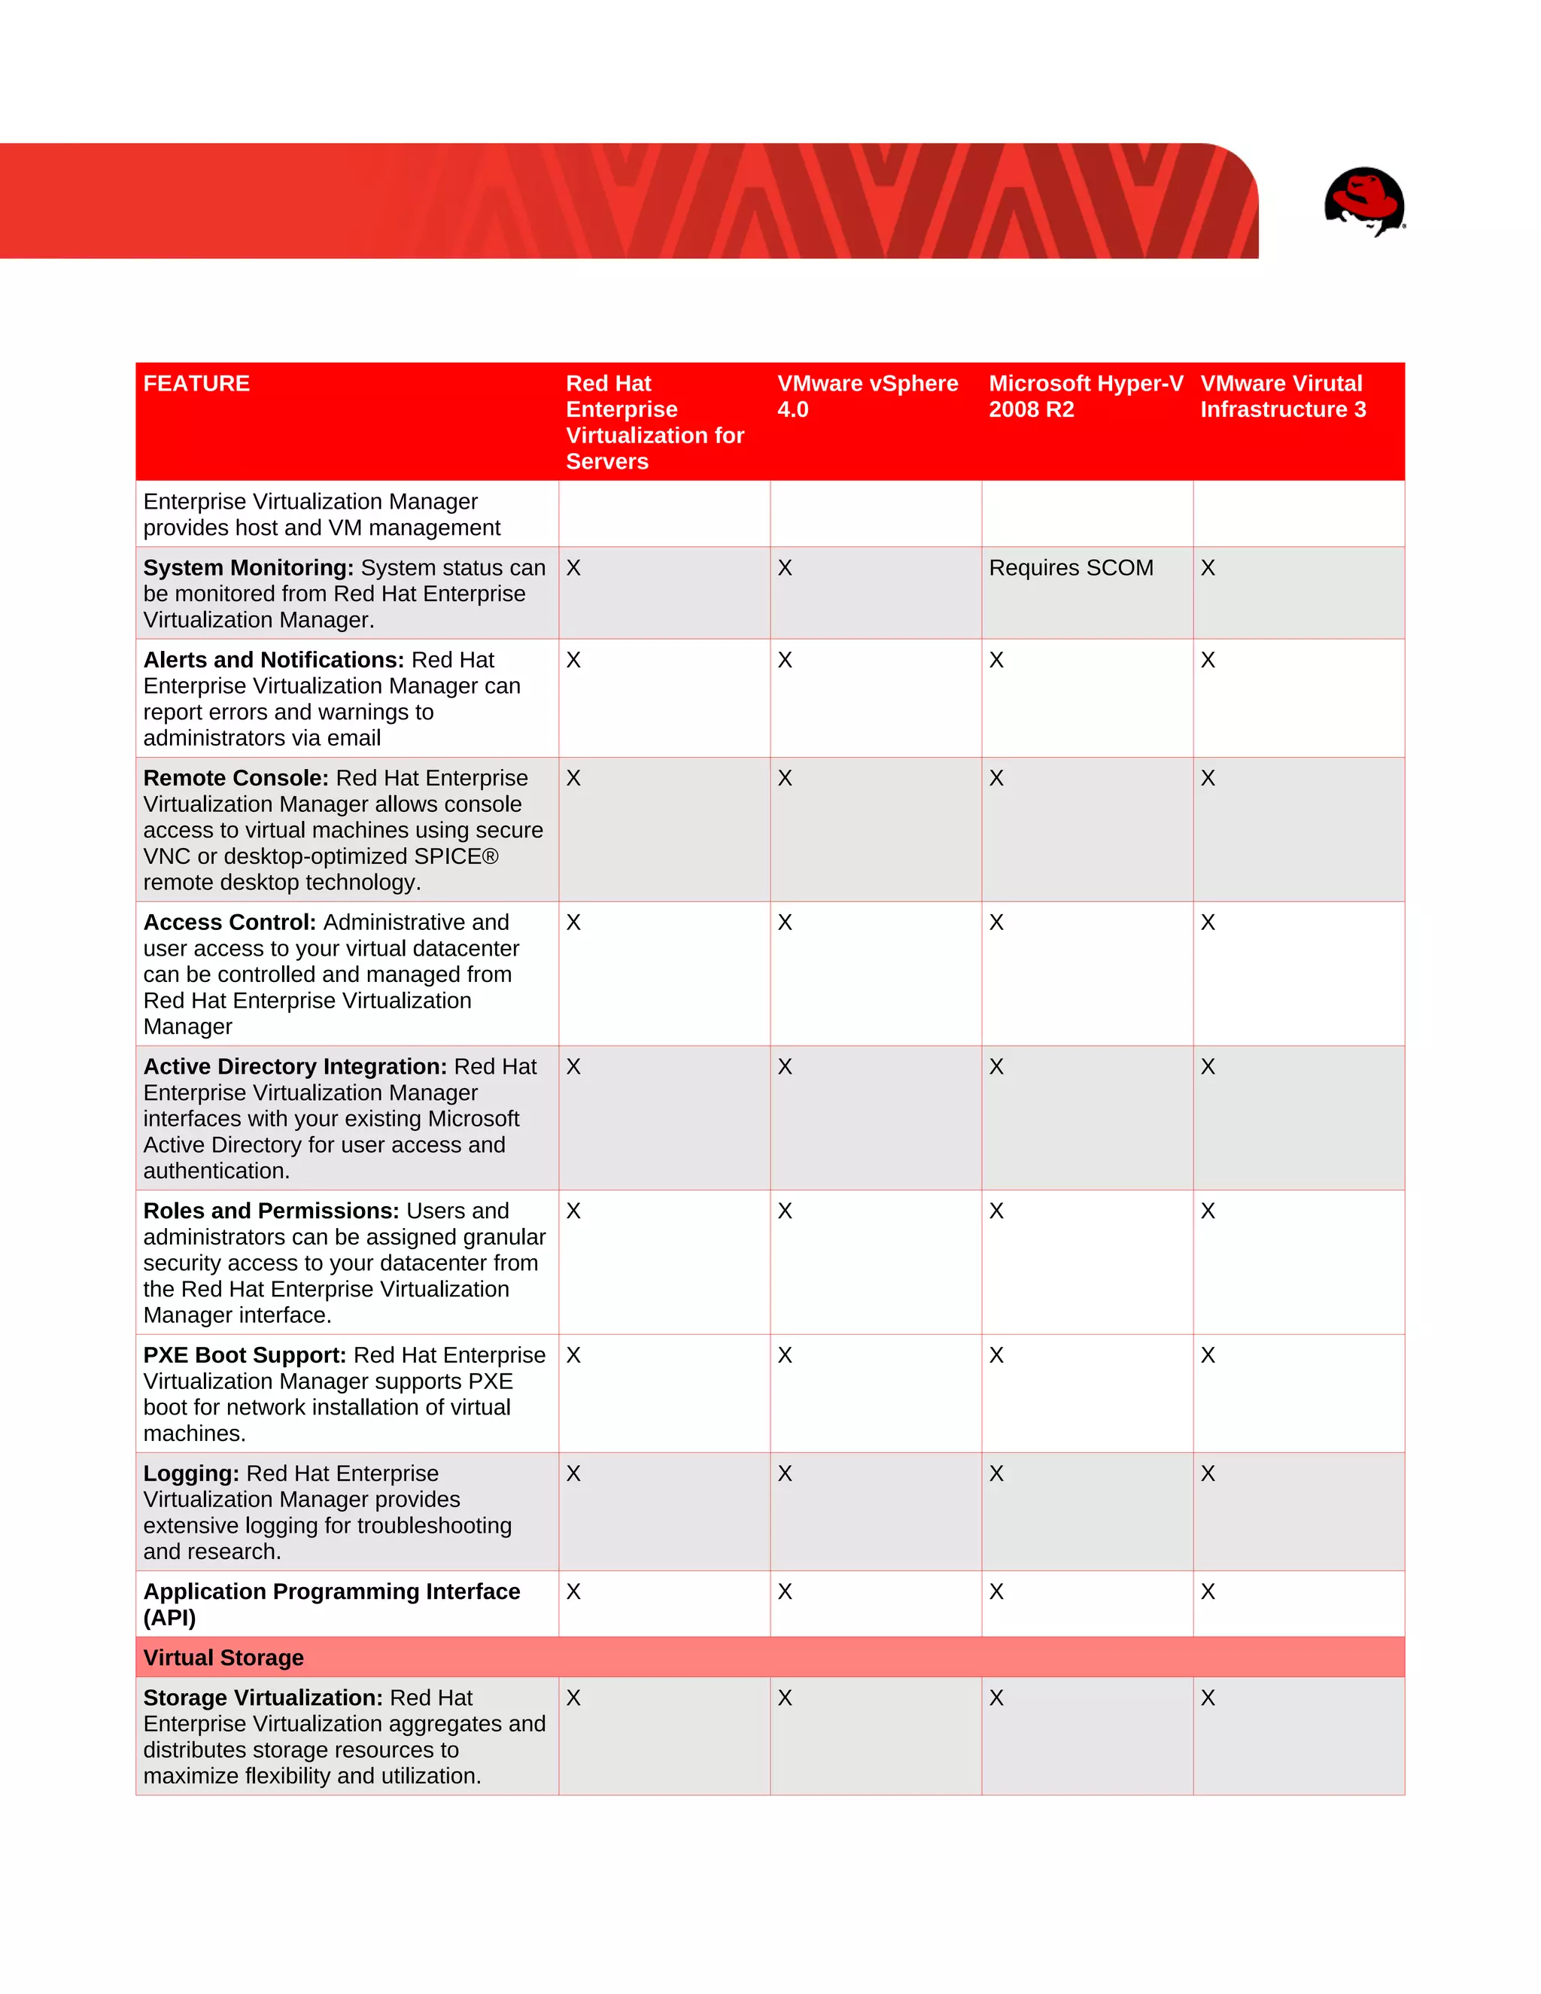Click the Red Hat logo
click(1364, 200)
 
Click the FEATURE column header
click(196, 384)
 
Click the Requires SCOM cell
click(1070, 568)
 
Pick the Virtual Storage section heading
click(223, 1657)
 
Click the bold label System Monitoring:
click(248, 568)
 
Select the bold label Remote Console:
click(236, 778)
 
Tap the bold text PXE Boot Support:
click(244, 1355)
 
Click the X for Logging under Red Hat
click(573, 1473)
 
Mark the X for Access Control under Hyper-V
click(996, 923)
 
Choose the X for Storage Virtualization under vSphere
click(784, 1698)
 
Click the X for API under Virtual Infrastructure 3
click(1208, 1591)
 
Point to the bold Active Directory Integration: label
click(295, 1066)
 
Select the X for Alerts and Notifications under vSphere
click(784, 660)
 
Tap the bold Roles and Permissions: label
click(271, 1211)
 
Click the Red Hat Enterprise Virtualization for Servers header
click(654, 422)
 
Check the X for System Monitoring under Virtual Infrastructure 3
click(1208, 568)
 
